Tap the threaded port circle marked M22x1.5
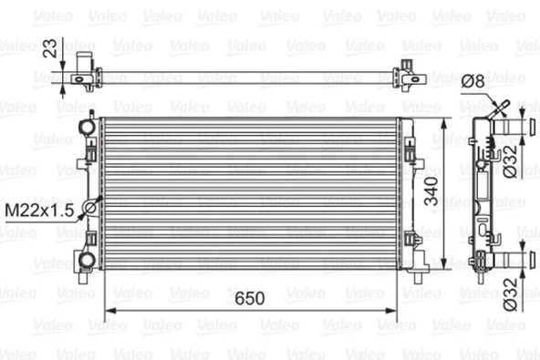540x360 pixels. click(x=90, y=209)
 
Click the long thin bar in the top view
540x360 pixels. click(x=246, y=78)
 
